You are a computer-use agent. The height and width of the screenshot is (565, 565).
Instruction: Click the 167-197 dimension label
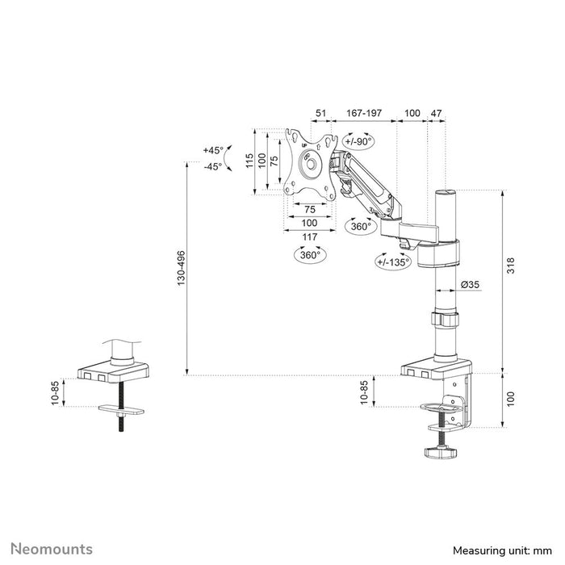point(364,113)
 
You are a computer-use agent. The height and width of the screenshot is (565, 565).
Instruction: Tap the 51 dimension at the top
point(320,113)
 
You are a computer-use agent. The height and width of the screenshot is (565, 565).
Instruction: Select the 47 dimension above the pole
point(436,113)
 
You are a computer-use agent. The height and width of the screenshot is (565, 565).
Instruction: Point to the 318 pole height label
point(511,266)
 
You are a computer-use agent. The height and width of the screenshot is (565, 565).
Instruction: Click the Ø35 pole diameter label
point(471,285)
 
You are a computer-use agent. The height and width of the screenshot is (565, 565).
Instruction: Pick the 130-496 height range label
point(181,269)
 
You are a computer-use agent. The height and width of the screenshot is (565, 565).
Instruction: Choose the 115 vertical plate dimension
point(249,161)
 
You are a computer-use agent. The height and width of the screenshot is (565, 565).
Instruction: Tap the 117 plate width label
point(309,237)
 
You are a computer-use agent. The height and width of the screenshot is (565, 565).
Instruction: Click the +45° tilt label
point(213,150)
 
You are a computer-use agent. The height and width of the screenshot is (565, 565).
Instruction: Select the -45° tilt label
point(212,167)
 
